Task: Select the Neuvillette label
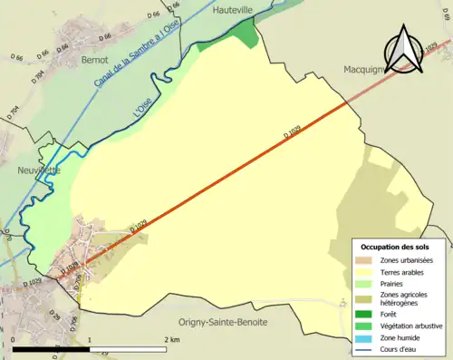coord(37,169)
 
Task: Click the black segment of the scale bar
coord(52,348)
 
